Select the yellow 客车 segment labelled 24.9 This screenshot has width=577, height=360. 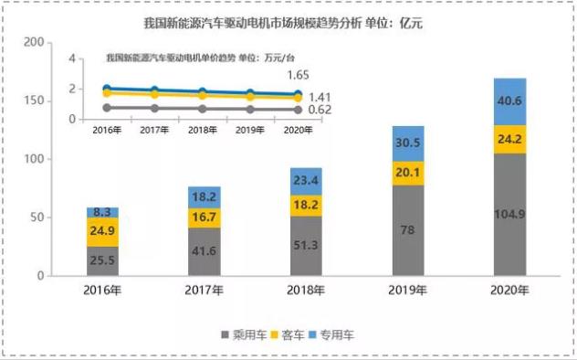(x=102, y=232)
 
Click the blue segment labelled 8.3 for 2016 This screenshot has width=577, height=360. (x=102, y=212)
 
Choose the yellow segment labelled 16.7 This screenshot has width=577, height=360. (x=205, y=217)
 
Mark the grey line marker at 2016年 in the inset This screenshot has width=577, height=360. (x=107, y=108)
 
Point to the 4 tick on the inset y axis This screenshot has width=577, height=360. (x=72, y=58)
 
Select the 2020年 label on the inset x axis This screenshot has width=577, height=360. (x=298, y=131)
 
